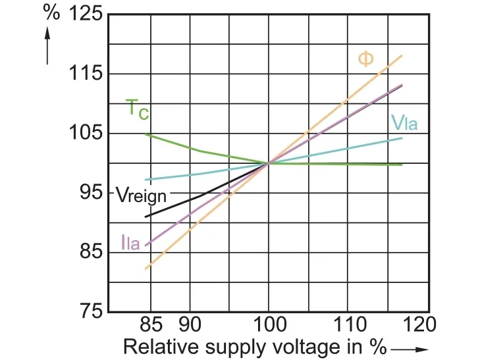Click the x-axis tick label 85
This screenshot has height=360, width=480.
[151, 324]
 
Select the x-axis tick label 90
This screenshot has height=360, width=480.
[190, 324]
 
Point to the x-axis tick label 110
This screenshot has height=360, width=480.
[348, 324]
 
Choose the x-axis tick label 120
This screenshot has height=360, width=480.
[419, 324]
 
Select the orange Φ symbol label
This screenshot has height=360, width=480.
[365, 59]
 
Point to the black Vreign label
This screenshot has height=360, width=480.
[141, 195]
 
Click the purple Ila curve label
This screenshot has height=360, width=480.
[130, 242]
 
